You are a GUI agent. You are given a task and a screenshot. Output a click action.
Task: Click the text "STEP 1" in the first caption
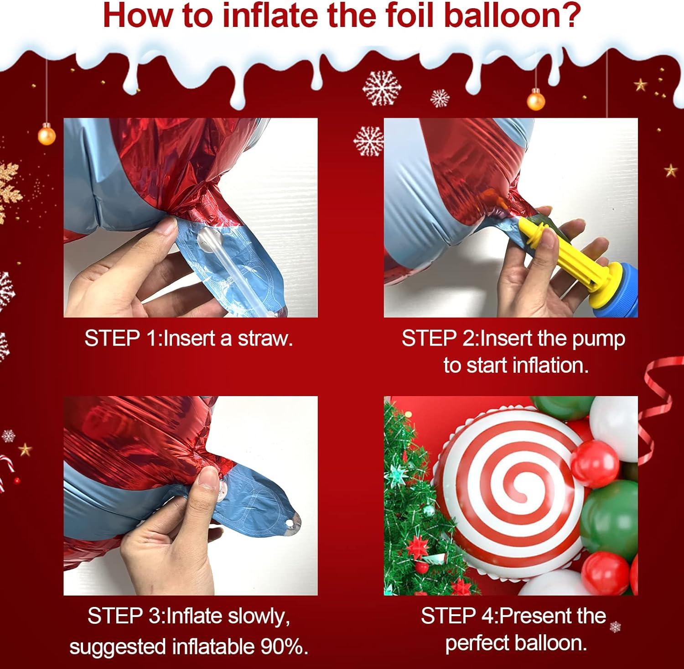click(x=122, y=339)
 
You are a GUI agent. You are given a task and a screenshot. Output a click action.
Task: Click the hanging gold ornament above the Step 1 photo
click(x=47, y=135)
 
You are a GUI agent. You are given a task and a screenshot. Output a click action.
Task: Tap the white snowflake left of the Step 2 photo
click(x=368, y=141)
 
